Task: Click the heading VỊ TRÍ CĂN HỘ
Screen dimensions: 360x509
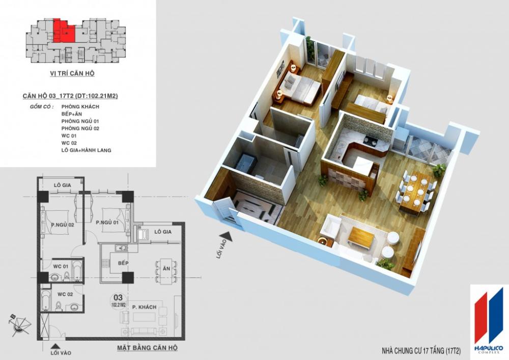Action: (72, 73)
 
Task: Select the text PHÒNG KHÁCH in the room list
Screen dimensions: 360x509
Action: (80, 106)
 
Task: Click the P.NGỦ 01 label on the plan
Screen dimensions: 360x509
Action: (107, 222)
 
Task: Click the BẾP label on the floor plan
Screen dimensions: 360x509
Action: (123, 263)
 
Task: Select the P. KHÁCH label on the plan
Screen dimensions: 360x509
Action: (144, 307)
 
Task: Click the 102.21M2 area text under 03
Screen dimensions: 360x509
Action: (119, 305)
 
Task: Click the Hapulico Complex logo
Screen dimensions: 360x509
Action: (488, 319)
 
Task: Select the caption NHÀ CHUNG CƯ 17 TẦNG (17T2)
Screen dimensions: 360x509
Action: (421, 351)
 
